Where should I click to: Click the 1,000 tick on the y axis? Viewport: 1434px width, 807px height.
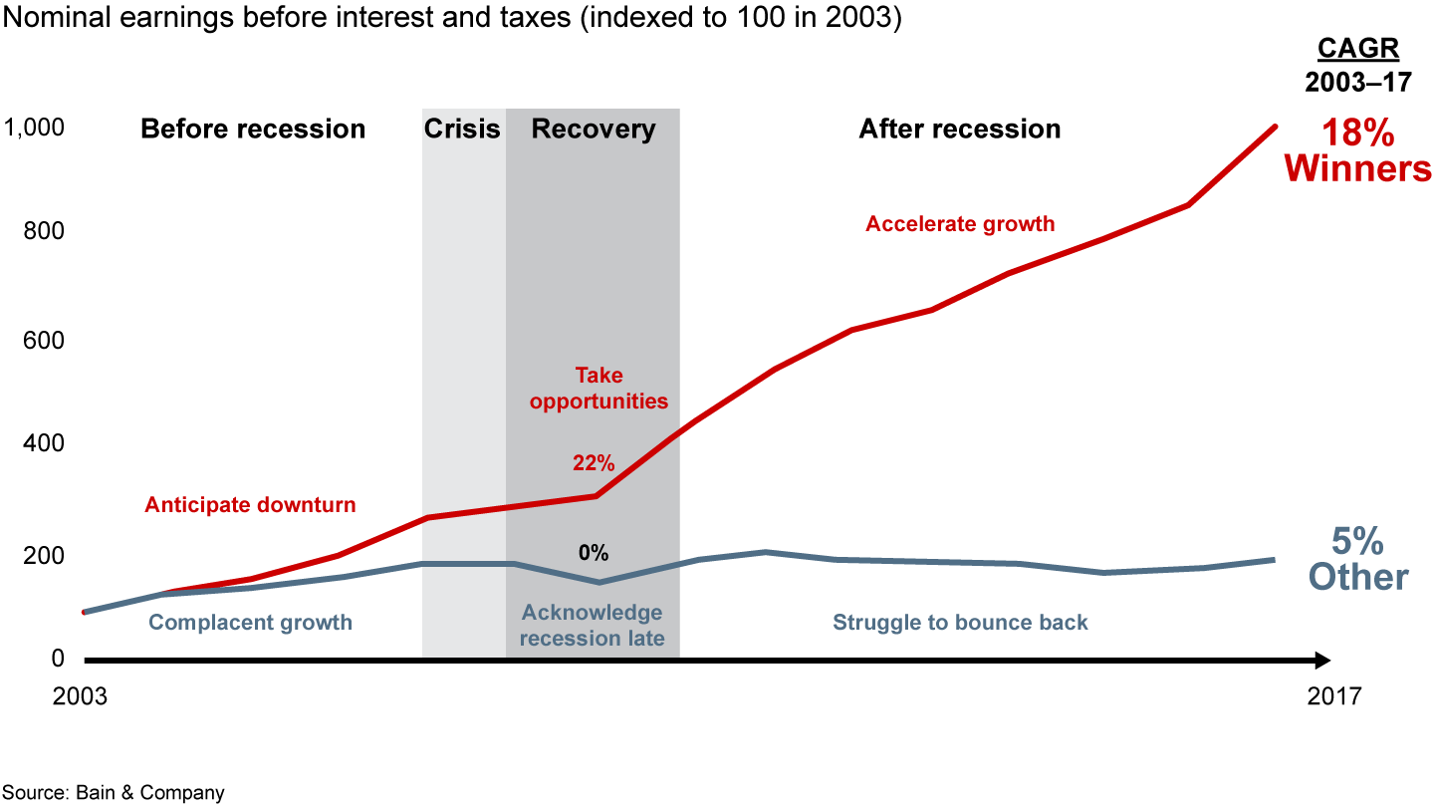tap(35, 128)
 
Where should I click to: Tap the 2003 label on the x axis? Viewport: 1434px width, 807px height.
tap(80, 695)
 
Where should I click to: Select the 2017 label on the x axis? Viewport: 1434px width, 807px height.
tap(1333, 695)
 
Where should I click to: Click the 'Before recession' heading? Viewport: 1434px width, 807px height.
tap(253, 130)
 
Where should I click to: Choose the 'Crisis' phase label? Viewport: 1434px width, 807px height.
tap(462, 130)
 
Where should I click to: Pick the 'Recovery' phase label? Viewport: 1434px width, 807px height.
tap(594, 130)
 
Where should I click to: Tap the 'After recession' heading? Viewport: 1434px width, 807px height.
tap(960, 130)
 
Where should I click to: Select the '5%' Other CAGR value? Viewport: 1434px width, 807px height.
tap(1357, 541)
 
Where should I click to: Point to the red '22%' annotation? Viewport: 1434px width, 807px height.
tap(594, 462)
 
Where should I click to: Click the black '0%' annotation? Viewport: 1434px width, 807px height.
tap(594, 553)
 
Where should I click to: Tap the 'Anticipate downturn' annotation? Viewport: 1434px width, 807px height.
tap(250, 505)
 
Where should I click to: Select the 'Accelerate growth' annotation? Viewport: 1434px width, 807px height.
tap(960, 224)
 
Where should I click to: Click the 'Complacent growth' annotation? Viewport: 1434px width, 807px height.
tap(250, 623)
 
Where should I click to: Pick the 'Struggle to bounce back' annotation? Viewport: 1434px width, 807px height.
tap(960, 623)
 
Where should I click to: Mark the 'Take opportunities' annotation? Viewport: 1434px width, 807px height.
tap(598, 389)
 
